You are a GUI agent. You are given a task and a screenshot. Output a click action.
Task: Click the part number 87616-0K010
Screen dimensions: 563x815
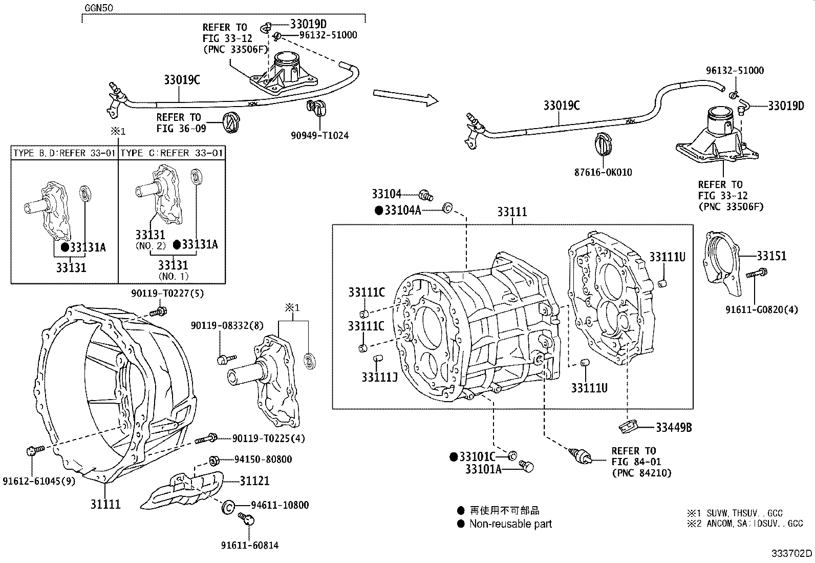click(x=603, y=173)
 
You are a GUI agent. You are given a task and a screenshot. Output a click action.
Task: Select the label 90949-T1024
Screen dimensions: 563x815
click(x=320, y=135)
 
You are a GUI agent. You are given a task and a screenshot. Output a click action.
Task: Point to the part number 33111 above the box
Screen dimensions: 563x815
click(x=512, y=212)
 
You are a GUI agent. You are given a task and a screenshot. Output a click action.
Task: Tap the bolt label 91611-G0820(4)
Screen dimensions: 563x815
click(x=761, y=309)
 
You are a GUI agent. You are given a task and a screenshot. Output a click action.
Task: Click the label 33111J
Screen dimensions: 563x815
click(x=380, y=377)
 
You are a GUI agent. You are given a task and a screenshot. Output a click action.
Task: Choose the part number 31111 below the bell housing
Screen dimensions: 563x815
click(x=105, y=504)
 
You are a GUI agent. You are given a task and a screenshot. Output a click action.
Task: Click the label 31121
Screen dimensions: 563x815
click(x=255, y=481)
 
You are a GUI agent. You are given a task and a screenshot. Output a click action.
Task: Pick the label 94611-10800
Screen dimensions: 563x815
click(x=280, y=505)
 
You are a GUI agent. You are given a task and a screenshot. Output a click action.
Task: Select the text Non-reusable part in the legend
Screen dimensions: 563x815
click(x=510, y=524)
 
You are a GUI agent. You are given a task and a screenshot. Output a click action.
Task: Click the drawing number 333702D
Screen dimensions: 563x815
click(x=791, y=553)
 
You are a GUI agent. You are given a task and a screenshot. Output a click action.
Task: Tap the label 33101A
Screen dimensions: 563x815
click(x=483, y=468)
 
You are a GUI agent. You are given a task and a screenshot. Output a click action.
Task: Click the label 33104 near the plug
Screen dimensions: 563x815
click(x=387, y=194)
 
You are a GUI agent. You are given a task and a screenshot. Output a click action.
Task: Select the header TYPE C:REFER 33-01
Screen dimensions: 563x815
click(x=173, y=153)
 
